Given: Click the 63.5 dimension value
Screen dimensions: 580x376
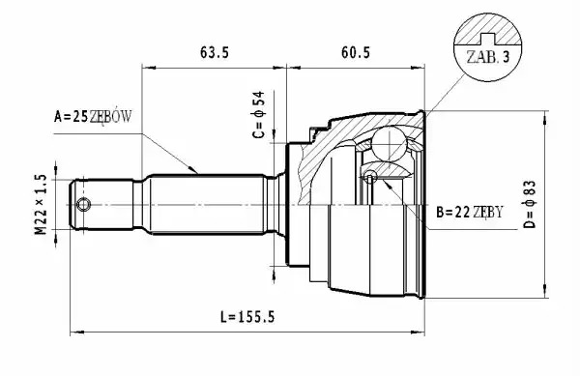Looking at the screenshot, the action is (215, 52).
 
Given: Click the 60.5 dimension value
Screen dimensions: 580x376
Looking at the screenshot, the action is (356, 52).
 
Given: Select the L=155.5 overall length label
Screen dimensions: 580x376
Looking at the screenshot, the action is (247, 317).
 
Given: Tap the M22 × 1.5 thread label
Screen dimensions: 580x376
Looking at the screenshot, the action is (41, 205).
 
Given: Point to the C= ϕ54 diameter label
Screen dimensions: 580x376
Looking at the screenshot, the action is (258, 115).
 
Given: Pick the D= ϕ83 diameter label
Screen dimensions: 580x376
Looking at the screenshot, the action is (530, 204).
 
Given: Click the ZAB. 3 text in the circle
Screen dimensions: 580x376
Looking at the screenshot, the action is (488, 57).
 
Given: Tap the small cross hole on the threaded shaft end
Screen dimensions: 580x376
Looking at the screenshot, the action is (83, 205).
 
